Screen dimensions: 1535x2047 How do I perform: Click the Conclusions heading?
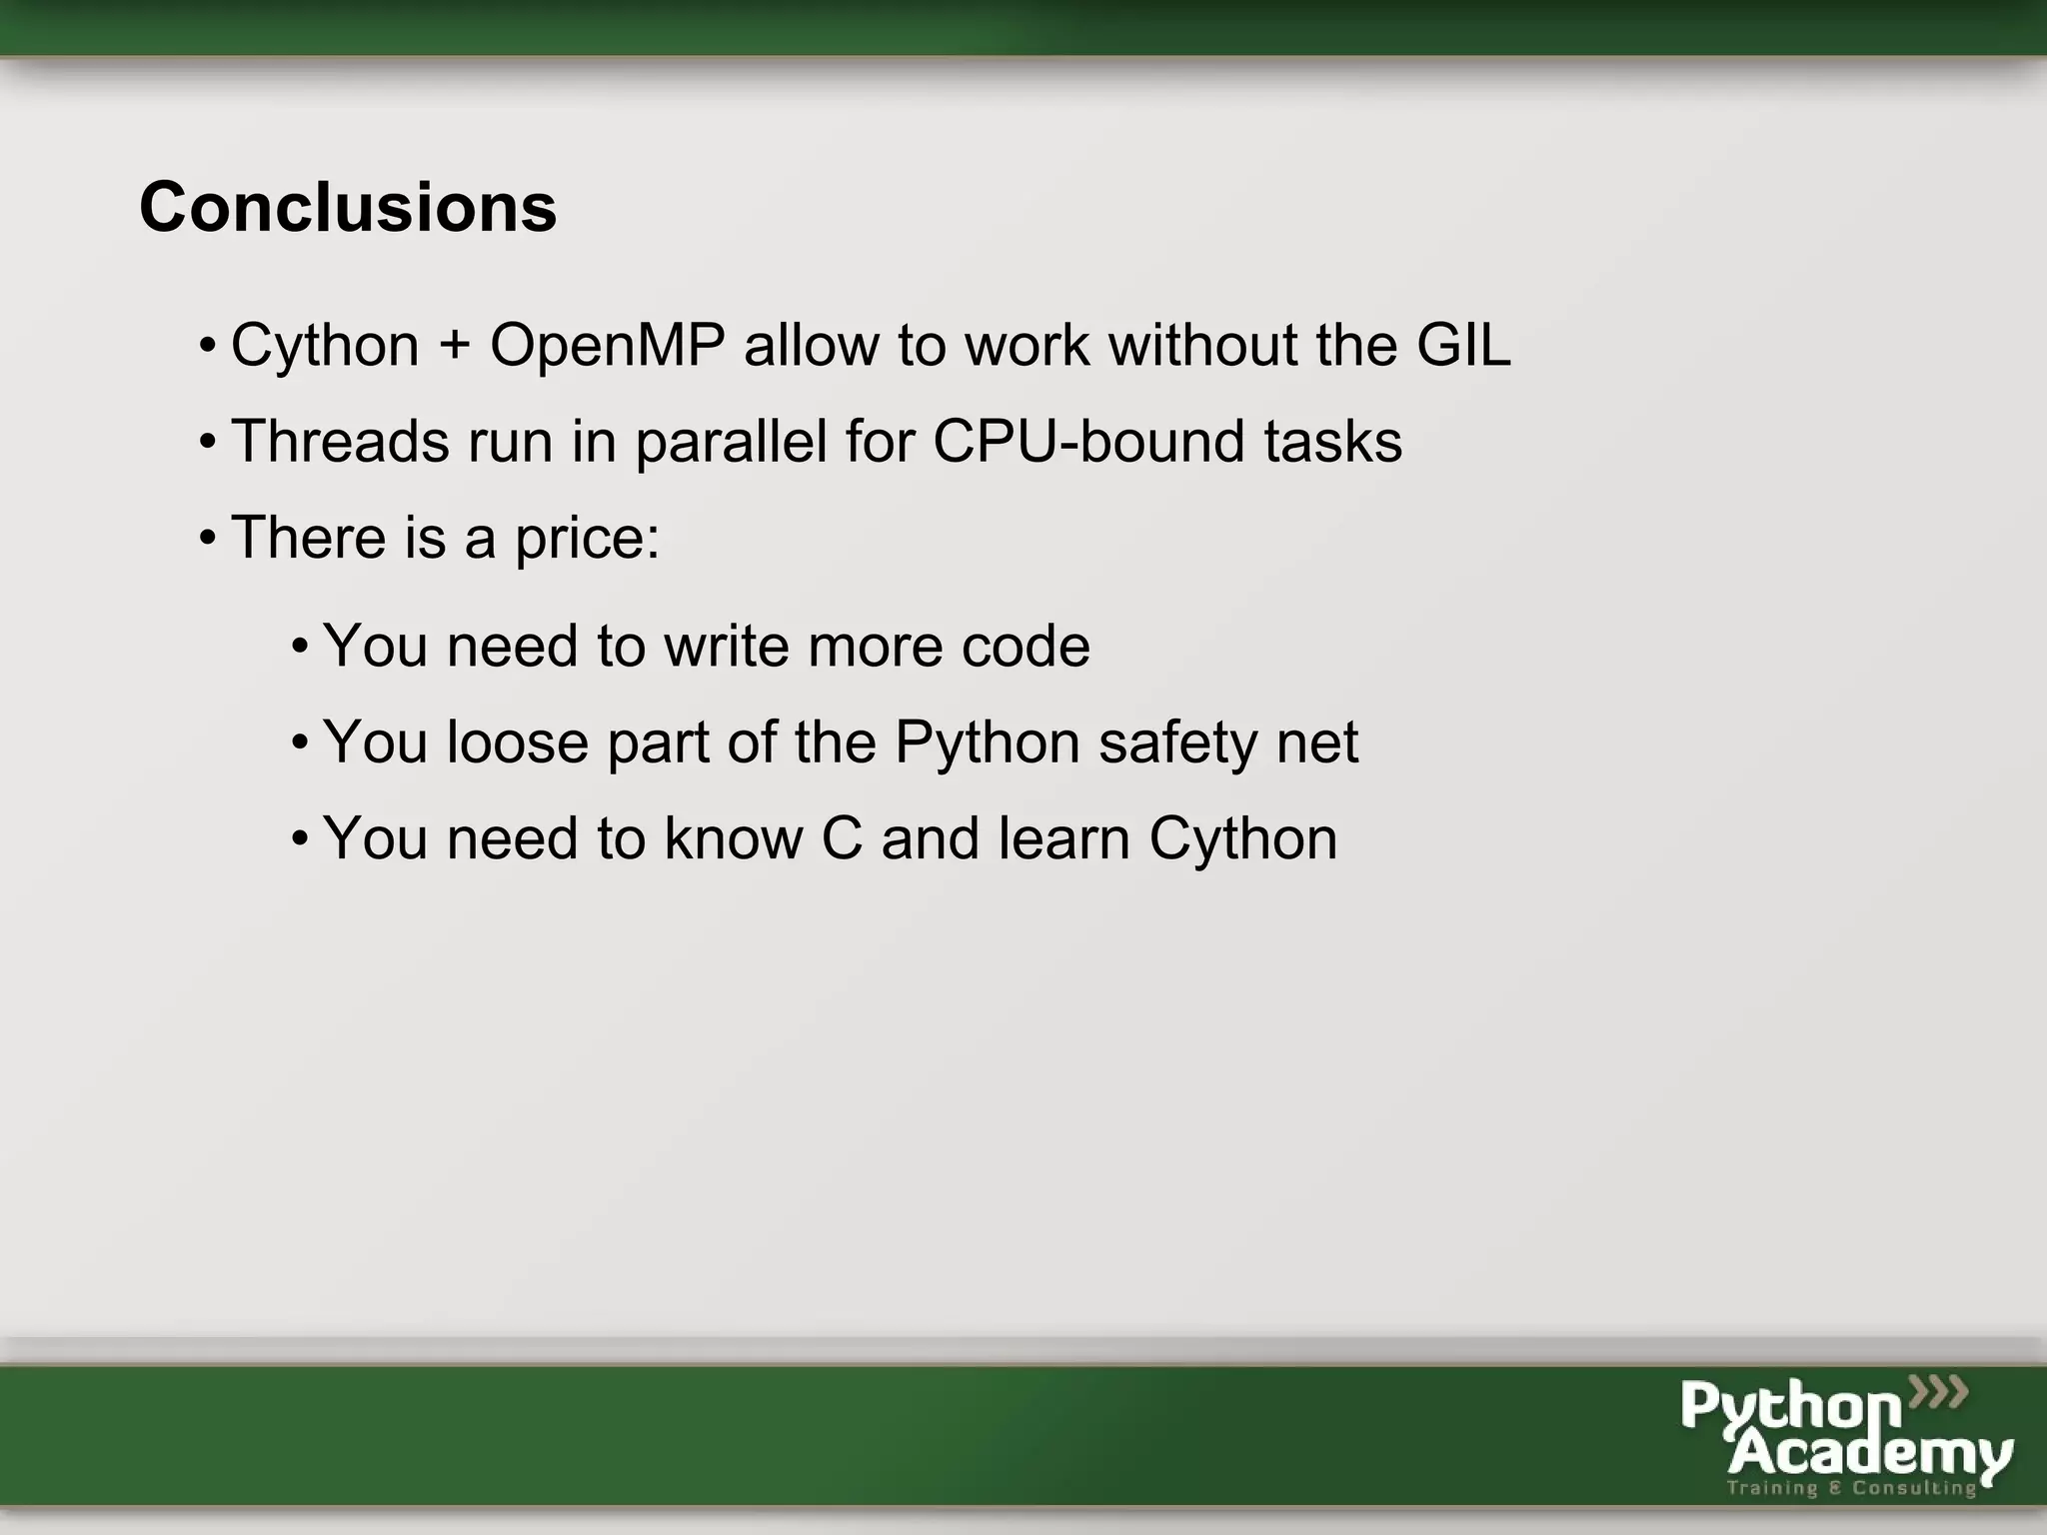(348, 208)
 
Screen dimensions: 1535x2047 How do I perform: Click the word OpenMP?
(607, 346)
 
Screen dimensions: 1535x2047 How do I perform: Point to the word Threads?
(340, 442)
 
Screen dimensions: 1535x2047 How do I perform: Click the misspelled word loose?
(517, 743)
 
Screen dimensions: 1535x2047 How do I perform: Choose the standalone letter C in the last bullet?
(841, 838)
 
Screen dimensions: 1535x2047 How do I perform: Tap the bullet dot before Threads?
(207, 442)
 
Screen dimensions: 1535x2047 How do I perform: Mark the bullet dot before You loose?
(299, 743)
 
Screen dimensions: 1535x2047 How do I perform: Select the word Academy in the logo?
(1869, 1454)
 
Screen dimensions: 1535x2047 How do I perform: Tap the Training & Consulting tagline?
(1851, 1488)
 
